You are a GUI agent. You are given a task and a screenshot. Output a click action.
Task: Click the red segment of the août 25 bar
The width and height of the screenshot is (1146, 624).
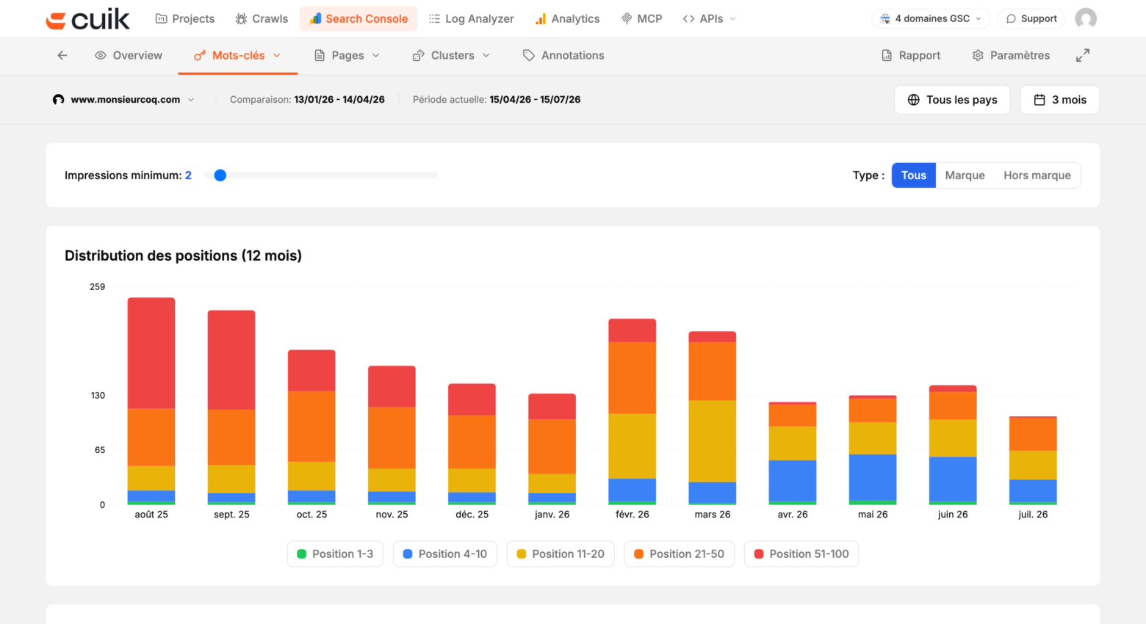pyautogui.click(x=151, y=352)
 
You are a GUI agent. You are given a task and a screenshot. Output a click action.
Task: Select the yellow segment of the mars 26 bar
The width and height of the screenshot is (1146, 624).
pyautogui.click(x=712, y=441)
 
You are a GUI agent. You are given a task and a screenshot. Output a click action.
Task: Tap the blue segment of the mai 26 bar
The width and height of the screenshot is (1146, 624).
pyautogui.click(x=872, y=477)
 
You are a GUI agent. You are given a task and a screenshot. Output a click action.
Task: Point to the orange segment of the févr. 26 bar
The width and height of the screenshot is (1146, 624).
pyautogui.click(x=632, y=377)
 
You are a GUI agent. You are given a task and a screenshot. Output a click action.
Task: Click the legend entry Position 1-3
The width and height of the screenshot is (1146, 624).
pyautogui.click(x=335, y=554)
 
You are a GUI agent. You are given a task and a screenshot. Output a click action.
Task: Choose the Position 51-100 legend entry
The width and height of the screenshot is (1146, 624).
pyautogui.click(x=801, y=554)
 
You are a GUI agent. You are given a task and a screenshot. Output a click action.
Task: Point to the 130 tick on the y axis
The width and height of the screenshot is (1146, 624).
pyautogui.click(x=98, y=396)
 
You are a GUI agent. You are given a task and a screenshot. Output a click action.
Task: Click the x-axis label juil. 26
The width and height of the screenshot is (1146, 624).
pyautogui.click(x=1033, y=515)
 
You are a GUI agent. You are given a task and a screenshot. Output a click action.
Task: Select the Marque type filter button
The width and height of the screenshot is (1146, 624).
pyautogui.click(x=965, y=175)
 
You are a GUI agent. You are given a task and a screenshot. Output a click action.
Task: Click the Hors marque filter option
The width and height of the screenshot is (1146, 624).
pyautogui.click(x=1037, y=175)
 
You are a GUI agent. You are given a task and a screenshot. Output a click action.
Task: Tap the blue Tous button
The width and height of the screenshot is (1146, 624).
pyautogui.click(x=914, y=175)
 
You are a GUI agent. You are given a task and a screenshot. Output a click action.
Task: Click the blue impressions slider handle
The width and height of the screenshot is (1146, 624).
pyautogui.click(x=220, y=175)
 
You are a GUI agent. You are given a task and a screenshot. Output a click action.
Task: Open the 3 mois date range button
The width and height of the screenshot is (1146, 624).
pyautogui.click(x=1059, y=100)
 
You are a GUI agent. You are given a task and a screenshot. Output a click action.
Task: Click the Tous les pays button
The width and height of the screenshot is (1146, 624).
pyautogui.click(x=952, y=100)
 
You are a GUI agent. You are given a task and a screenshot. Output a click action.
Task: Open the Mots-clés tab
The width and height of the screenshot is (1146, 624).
pyautogui.click(x=237, y=55)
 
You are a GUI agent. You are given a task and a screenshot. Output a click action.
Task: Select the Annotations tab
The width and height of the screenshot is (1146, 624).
pyautogui.click(x=563, y=55)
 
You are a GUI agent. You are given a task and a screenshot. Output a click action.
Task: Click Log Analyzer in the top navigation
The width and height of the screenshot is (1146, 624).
pyautogui.click(x=471, y=19)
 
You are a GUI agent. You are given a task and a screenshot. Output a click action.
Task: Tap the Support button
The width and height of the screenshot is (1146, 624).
pyautogui.click(x=1031, y=19)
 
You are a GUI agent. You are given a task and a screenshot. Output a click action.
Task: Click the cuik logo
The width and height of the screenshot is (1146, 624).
pyautogui.click(x=87, y=19)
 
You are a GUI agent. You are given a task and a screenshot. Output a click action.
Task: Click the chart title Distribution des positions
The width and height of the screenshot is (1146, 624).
pyautogui.click(x=183, y=255)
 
